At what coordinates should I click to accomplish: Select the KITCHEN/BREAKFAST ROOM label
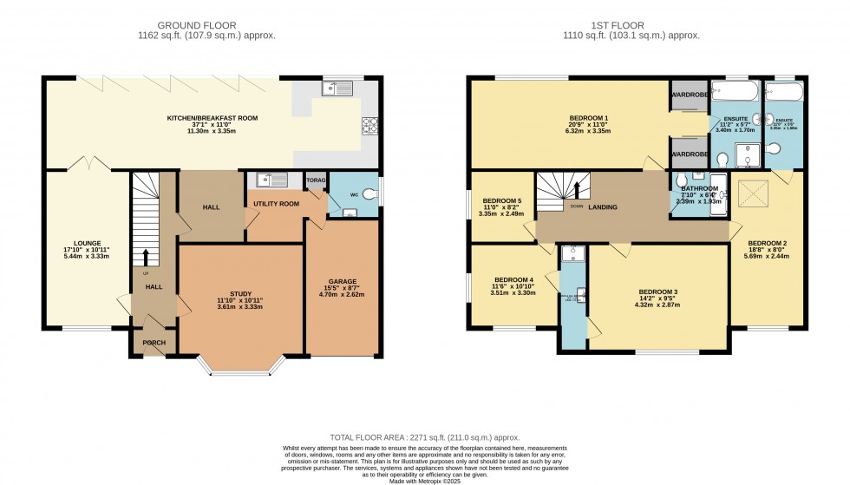coord(212,118)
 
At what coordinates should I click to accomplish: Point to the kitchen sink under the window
coord(335,87)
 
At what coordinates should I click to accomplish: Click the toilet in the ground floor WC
coord(372,194)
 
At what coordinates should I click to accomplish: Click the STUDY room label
coord(240,293)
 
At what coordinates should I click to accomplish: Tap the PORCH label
coord(154,343)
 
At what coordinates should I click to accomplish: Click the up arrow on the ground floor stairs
coord(146,257)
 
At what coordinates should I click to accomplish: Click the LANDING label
coord(603,207)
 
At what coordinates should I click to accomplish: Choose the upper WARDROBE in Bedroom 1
coord(689,96)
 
